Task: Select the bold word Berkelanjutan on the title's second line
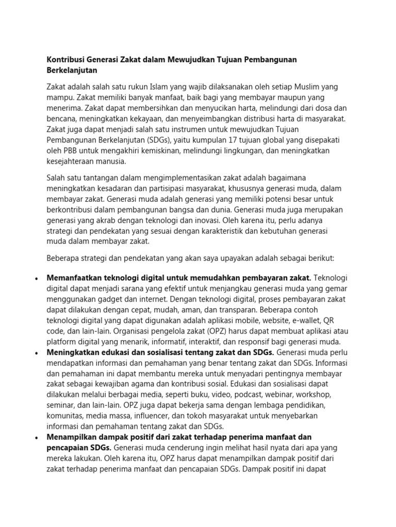[72, 70]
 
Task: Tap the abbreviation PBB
[67, 150]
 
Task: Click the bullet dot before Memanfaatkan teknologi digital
[36, 278]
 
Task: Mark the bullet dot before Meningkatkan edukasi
[36, 353]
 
